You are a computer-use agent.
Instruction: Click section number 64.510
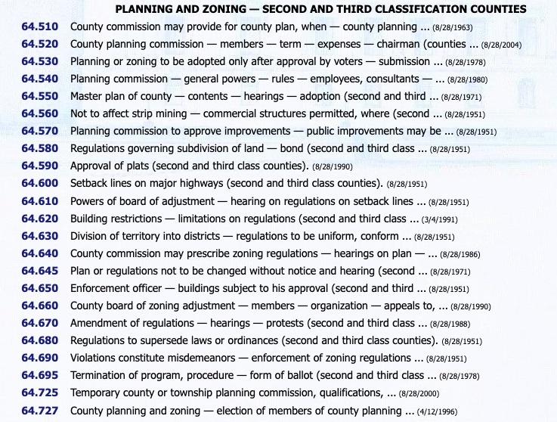coord(40,26)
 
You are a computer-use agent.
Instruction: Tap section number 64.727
coord(40,411)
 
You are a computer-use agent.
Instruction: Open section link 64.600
coord(40,184)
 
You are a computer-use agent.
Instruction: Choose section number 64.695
coord(40,376)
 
